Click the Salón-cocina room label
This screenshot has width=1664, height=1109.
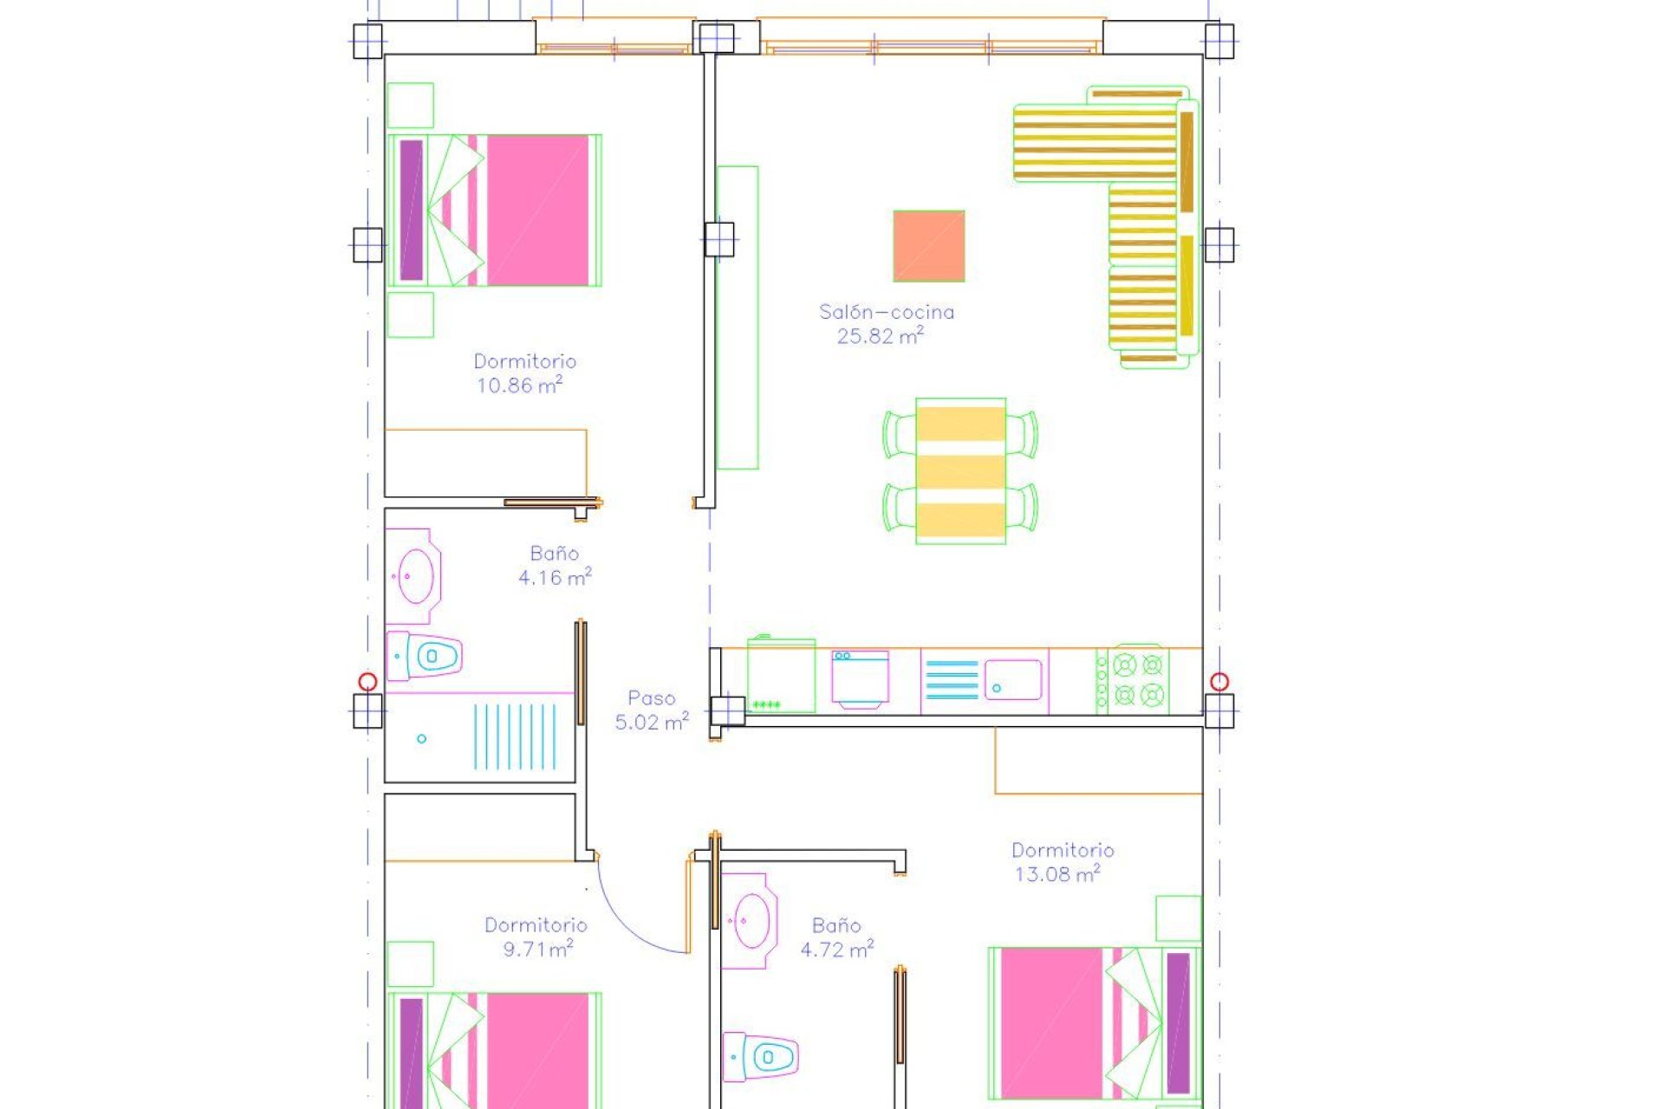point(886,312)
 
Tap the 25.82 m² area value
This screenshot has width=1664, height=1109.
point(879,336)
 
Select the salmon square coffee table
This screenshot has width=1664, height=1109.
point(928,246)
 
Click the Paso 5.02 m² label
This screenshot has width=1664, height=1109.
point(652,710)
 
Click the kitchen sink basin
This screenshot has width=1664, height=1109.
point(1011,679)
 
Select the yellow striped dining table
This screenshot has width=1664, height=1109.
point(960,470)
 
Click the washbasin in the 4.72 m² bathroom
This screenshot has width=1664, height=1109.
point(750,921)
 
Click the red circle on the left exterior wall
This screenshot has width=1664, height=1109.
point(367,682)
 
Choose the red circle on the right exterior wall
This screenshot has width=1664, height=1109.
point(1219,682)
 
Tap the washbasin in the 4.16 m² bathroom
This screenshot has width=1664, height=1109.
point(415,575)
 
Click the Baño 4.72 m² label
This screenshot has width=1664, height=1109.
point(835,937)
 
